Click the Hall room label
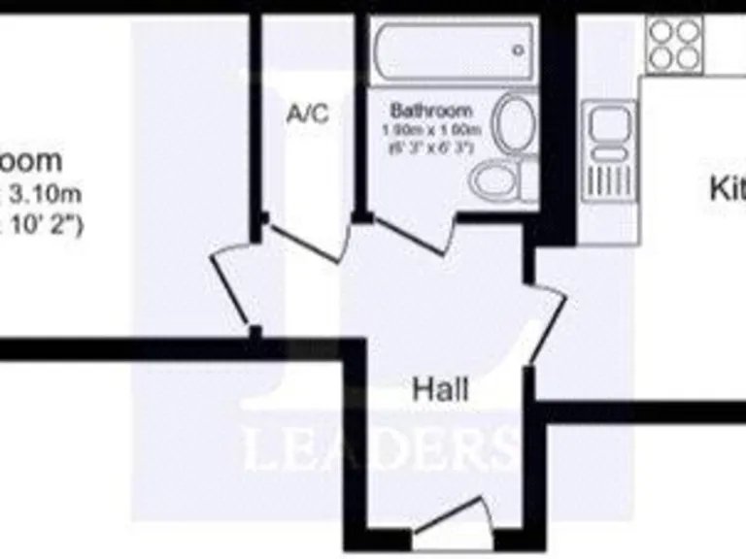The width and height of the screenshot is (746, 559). coord(440,390)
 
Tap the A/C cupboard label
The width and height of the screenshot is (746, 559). coord(308,115)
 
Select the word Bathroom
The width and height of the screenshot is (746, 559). coord(430,111)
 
